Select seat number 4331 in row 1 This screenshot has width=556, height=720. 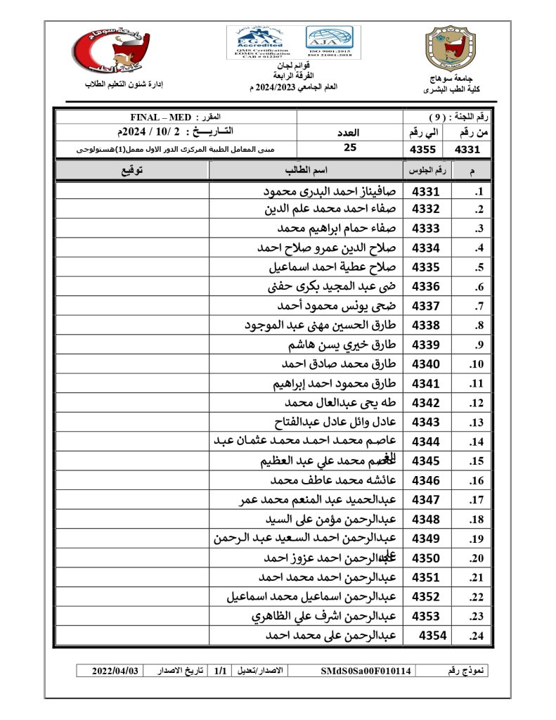click(x=426, y=191)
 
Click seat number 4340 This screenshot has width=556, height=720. click(x=426, y=364)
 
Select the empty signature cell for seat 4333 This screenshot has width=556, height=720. click(x=131, y=229)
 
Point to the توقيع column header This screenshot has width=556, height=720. click(x=131, y=171)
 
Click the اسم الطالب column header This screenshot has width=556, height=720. click(x=306, y=171)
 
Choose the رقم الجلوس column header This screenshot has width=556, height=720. click(x=425, y=171)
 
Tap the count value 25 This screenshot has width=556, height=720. click(x=350, y=148)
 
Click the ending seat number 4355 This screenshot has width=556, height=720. click(x=424, y=149)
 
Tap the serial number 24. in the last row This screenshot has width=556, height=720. click(x=476, y=636)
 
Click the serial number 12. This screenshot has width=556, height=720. click(x=476, y=404)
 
